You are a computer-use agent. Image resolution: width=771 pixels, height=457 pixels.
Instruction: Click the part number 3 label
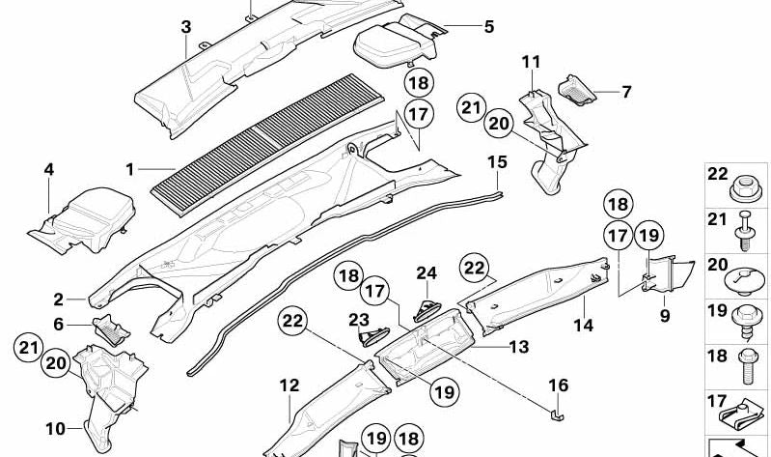tap(186, 27)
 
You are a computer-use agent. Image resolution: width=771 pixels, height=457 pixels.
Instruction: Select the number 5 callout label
tap(488, 27)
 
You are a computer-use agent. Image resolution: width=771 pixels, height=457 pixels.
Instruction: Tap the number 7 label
tap(626, 92)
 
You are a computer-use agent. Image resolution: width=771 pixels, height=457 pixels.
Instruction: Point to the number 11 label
tap(531, 62)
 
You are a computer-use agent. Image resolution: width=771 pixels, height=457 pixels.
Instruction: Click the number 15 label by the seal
tap(497, 161)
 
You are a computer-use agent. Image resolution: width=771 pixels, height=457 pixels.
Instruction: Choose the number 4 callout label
tap(48, 169)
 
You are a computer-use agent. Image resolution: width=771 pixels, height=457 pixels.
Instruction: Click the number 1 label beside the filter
tap(130, 170)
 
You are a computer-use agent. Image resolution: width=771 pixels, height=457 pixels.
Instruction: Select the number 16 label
tap(558, 386)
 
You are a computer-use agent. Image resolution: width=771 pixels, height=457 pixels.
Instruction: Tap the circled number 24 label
tap(427, 273)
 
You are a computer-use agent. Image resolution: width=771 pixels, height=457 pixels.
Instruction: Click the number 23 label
tap(359, 320)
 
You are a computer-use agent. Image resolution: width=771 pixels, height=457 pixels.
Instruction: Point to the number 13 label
tap(519, 347)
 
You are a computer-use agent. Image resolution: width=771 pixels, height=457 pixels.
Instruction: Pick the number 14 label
tap(584, 325)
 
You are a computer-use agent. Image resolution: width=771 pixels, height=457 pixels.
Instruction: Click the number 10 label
tap(56, 428)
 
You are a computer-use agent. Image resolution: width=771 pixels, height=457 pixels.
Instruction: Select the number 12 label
tap(289, 386)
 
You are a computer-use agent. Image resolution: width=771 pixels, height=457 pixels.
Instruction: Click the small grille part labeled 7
tap(577, 89)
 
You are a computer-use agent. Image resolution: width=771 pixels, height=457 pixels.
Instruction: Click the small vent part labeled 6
tap(111, 329)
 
